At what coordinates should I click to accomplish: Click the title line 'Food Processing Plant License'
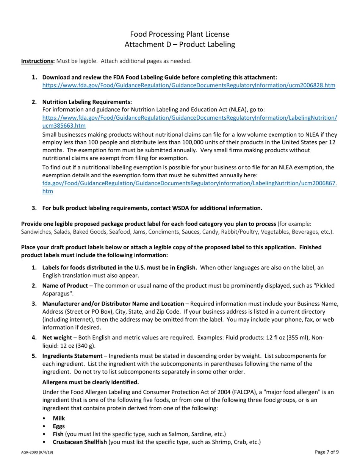[x=180, y=34]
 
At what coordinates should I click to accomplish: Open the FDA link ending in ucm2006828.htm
[x=189, y=85]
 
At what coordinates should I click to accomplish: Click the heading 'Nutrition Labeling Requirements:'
[x=87, y=102]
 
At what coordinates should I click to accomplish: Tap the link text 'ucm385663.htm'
[x=64, y=126]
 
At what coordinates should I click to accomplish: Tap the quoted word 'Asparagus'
[x=57, y=294]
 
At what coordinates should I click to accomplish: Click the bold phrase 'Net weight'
[x=57, y=338]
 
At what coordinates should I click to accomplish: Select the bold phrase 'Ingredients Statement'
[x=72, y=356]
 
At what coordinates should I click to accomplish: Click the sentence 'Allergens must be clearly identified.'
[x=91, y=382]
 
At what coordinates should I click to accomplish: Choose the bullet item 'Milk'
[x=59, y=418]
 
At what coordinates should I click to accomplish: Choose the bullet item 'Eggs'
[x=59, y=426]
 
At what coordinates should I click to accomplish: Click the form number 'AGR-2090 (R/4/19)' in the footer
[x=37, y=452]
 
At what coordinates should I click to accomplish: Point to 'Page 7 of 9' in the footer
[x=327, y=452]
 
